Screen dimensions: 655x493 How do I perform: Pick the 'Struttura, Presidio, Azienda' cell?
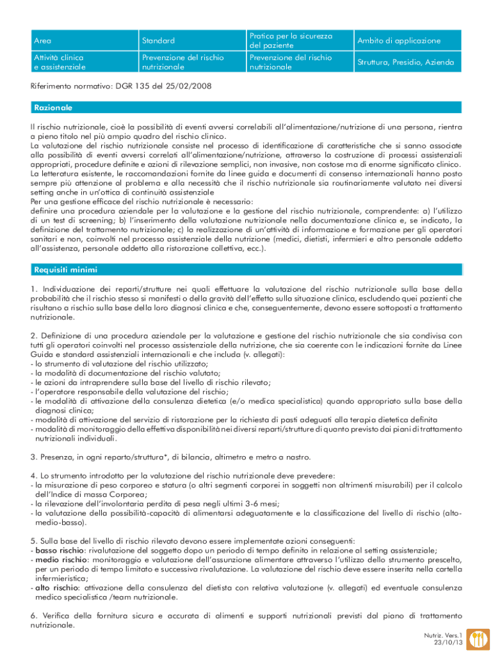[x=405, y=63]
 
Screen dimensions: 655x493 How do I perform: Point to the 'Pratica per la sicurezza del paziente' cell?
[x=291, y=41]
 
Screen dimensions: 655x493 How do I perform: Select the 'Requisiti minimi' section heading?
[x=64, y=269]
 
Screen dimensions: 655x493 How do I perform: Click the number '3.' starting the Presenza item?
[x=33, y=457]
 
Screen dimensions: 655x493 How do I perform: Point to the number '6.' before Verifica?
[x=33, y=615]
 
